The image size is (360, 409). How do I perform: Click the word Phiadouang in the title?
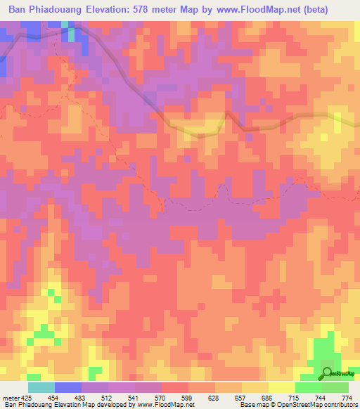point(65,10)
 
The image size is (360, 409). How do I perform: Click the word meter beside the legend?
point(10,397)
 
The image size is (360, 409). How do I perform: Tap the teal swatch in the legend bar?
point(41,387)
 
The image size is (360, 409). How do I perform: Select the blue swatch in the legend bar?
point(68,387)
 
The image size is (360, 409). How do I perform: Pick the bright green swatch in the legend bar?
point(308,387)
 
